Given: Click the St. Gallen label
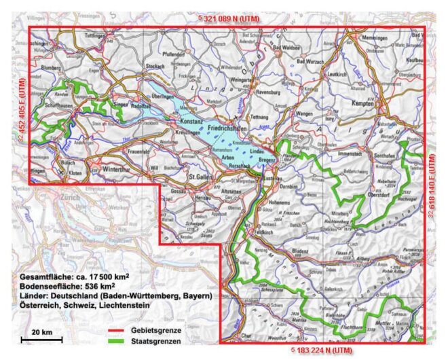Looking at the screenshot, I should click(x=202, y=177).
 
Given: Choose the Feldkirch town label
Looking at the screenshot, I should click(x=261, y=232).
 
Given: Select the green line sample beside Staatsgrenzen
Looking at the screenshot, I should click(x=117, y=342).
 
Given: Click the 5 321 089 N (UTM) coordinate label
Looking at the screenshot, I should click(x=225, y=18).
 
